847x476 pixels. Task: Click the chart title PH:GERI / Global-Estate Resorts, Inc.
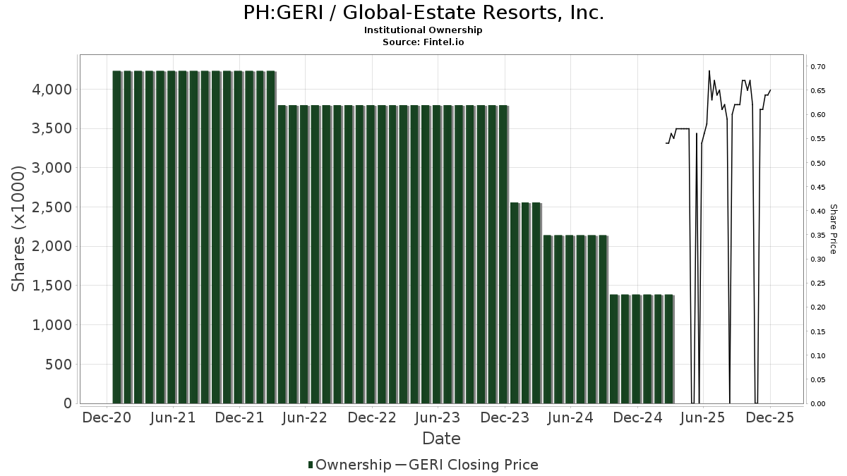point(423,13)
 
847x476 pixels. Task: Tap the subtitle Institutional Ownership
point(423,30)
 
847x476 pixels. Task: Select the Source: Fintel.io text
point(423,42)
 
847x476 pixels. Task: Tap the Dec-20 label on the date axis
point(107,417)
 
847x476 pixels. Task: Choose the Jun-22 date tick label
point(305,417)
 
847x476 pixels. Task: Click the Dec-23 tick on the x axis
point(504,417)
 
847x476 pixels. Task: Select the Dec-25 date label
point(769,417)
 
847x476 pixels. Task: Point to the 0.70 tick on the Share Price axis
point(818,67)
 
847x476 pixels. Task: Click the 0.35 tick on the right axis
point(818,236)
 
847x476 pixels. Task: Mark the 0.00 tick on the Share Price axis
point(818,404)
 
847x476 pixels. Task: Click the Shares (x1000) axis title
point(20,228)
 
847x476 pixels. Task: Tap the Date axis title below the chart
point(441,439)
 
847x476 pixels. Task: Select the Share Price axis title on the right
point(833,228)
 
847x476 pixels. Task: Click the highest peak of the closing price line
point(709,71)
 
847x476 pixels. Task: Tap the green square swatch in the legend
point(311,465)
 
